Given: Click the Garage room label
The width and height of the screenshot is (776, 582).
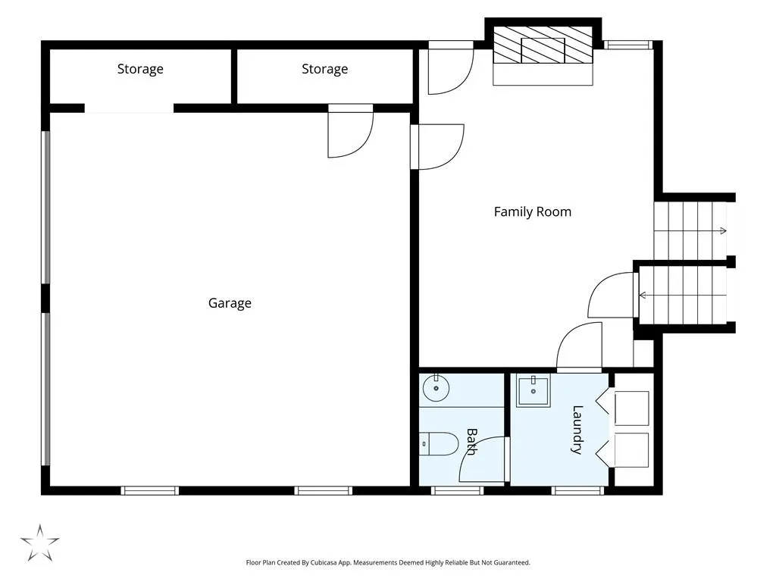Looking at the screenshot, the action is pyautogui.click(x=230, y=303).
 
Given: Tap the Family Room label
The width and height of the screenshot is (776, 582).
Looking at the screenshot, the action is pyautogui.click(x=533, y=212).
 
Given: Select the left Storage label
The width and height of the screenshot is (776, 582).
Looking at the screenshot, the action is pyautogui.click(x=140, y=69).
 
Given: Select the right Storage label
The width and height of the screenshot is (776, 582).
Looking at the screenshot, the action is pyautogui.click(x=324, y=69).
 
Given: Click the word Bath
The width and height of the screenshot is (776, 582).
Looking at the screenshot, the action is pyautogui.click(x=471, y=442).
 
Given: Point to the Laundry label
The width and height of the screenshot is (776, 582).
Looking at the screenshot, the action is pyautogui.click(x=577, y=430).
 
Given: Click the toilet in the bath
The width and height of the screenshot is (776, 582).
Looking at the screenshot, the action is pyautogui.click(x=439, y=444).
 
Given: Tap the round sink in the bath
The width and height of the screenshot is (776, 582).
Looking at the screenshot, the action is pyautogui.click(x=436, y=387).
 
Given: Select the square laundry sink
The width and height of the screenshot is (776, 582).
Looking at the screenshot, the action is pyautogui.click(x=533, y=391).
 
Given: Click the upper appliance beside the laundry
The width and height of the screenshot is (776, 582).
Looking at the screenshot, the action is pyautogui.click(x=631, y=408).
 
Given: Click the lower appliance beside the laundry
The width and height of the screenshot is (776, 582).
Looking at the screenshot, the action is pyautogui.click(x=631, y=450).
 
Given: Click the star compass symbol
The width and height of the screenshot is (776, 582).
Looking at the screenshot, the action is pyautogui.click(x=39, y=543).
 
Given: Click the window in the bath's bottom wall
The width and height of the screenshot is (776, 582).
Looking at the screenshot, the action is pyautogui.click(x=457, y=490).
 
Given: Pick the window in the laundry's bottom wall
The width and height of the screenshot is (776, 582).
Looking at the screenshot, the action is pyautogui.click(x=577, y=490).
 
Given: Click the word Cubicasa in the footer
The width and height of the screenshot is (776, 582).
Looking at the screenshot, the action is pyautogui.click(x=323, y=563).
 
